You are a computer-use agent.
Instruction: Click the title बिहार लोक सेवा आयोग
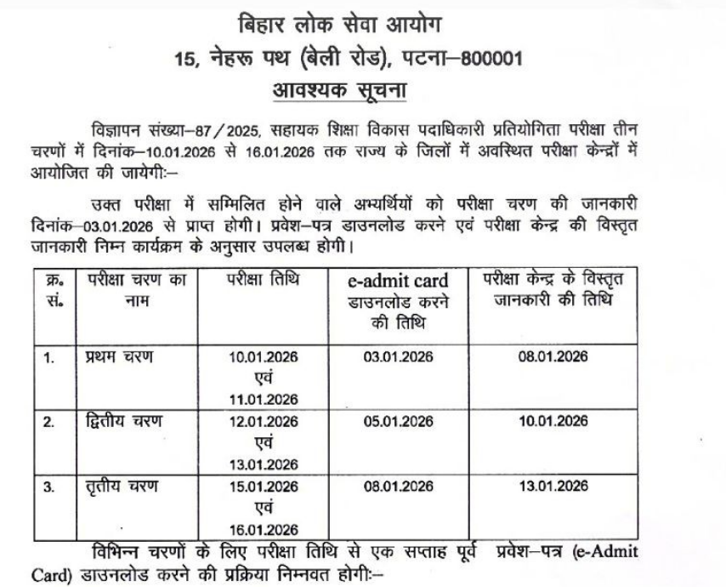click(363, 22)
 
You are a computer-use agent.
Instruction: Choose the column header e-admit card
click(399, 280)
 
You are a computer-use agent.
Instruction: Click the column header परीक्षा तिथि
click(263, 280)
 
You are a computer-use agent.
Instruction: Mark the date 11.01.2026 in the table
click(264, 400)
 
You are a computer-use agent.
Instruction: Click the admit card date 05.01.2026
click(398, 422)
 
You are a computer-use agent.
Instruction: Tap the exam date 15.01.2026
click(264, 487)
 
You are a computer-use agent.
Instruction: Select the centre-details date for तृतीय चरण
click(553, 487)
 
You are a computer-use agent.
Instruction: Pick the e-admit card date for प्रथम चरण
click(398, 356)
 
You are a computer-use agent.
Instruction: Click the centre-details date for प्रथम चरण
click(553, 356)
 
